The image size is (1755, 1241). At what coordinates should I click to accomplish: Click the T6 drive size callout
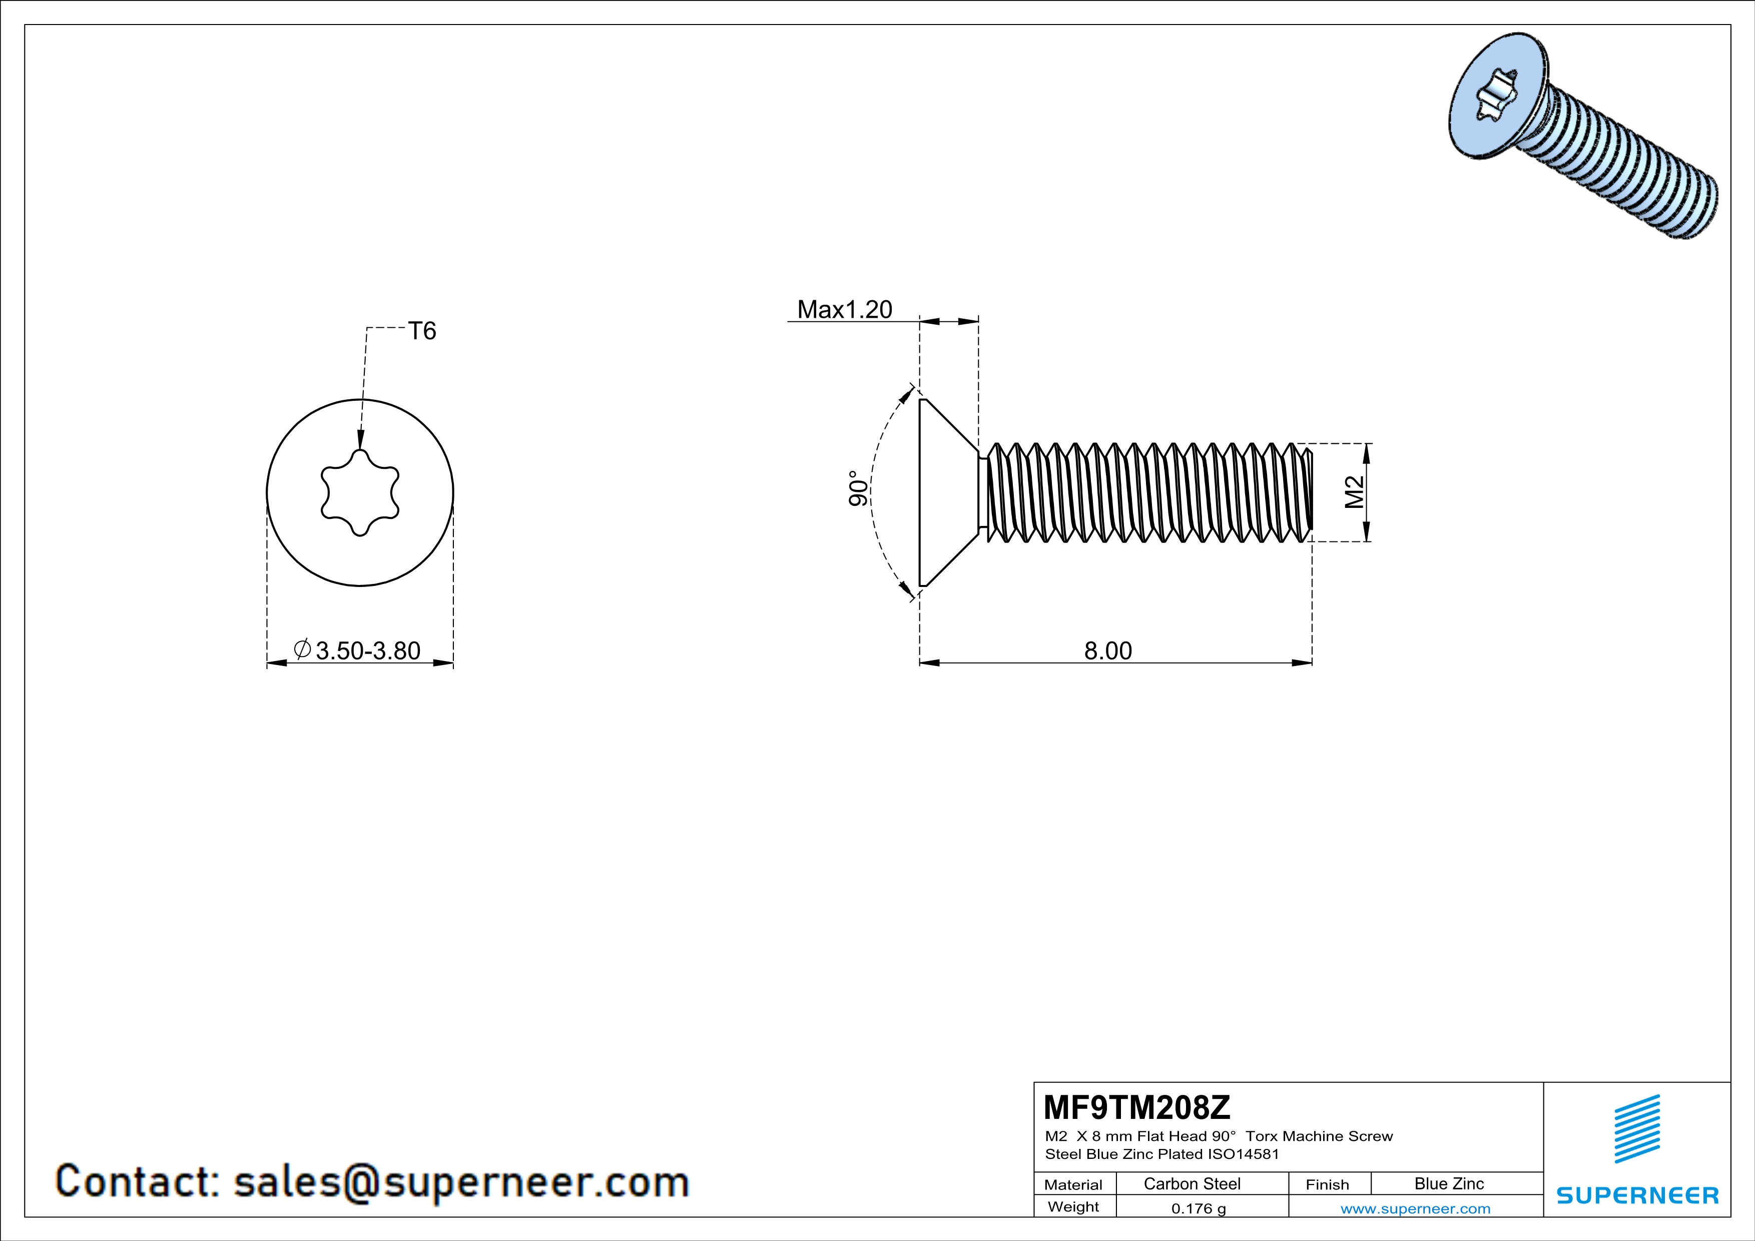point(422,331)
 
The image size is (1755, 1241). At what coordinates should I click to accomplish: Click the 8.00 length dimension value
point(1107,651)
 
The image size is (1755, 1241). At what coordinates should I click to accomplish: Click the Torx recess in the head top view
point(360,493)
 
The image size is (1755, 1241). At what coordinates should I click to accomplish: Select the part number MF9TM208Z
point(1136,1106)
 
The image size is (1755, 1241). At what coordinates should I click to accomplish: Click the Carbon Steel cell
point(1192,1183)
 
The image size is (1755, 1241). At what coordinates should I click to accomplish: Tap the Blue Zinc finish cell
point(1448,1183)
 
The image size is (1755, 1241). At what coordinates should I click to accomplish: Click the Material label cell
point(1073,1184)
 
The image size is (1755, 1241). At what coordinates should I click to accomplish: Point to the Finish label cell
point(1327,1184)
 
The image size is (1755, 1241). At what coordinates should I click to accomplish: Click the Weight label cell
point(1073,1206)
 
